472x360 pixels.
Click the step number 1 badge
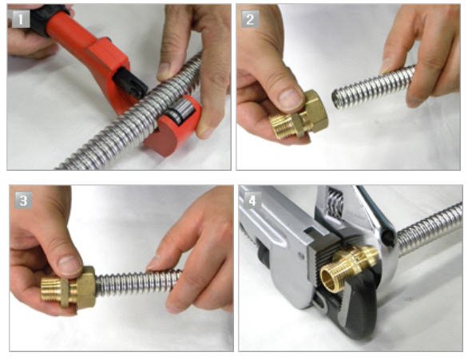point(21,19)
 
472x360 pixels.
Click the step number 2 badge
point(250,19)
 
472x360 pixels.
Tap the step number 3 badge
point(23,200)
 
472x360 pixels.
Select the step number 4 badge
point(252,200)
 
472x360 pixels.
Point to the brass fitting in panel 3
point(69,287)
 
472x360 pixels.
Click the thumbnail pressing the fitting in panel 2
point(288,99)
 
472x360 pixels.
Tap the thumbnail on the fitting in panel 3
point(69,265)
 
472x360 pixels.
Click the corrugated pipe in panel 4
point(430,227)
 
